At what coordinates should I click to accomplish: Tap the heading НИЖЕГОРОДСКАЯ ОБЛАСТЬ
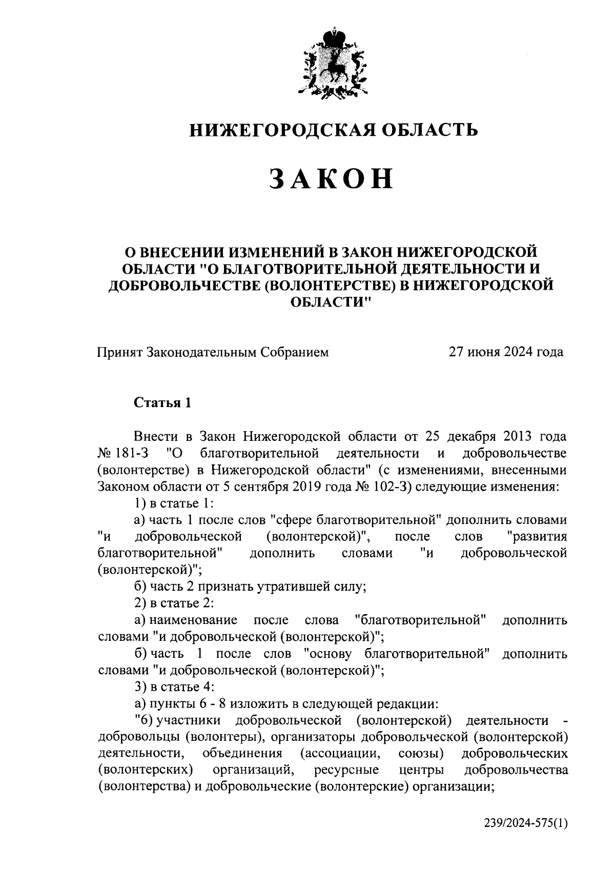tap(334, 131)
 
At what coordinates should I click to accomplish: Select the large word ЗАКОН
tap(333, 179)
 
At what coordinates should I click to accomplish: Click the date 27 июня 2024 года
tap(506, 352)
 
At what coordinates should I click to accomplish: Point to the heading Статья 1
tap(162, 403)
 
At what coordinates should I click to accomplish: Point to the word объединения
tap(242, 754)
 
